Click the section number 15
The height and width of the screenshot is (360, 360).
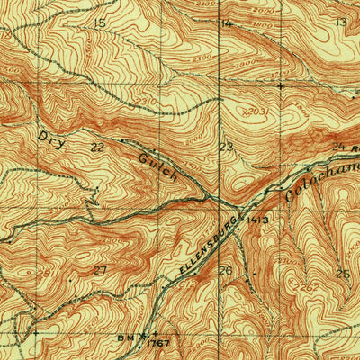[x=99, y=22]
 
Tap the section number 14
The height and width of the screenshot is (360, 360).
[x=226, y=22]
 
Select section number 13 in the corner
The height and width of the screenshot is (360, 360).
[x=340, y=22]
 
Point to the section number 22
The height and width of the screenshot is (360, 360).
[x=97, y=145]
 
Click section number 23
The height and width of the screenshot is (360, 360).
[x=226, y=146]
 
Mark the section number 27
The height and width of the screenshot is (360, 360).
[x=100, y=269]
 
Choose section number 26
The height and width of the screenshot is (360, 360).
[x=225, y=270]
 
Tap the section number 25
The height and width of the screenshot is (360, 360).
[x=342, y=273]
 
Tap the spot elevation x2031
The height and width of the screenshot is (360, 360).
[x=255, y=111]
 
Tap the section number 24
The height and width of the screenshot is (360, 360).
[x=338, y=146]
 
